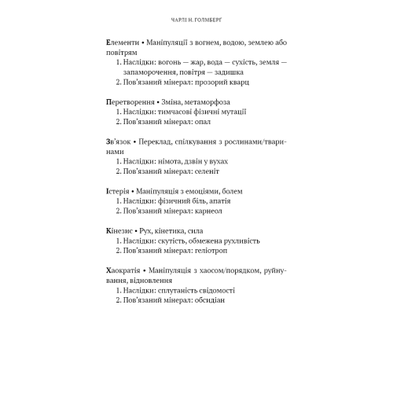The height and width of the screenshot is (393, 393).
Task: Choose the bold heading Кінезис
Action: pos(119,229)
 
